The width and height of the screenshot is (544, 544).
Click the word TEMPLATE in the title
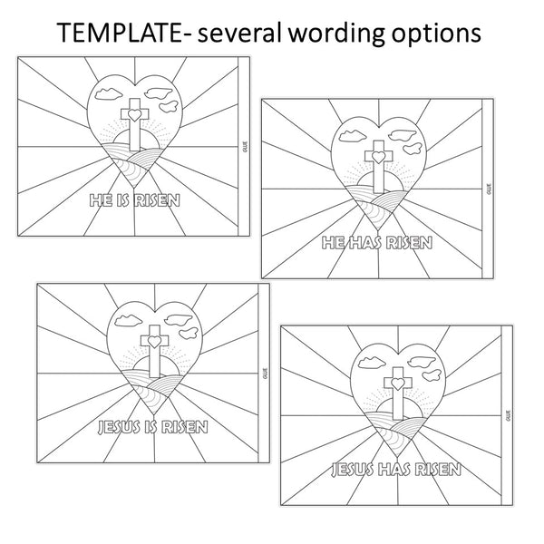coord(120,33)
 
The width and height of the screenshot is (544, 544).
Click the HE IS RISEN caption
coord(134,200)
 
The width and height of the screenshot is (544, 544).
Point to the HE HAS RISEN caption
coord(377,243)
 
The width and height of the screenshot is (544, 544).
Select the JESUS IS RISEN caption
coord(153,427)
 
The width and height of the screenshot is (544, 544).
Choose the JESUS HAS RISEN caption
coord(396,470)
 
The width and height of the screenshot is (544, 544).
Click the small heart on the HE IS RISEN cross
coord(134,114)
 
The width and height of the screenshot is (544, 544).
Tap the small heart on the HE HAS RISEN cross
coord(378,157)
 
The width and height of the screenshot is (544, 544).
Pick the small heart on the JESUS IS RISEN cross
coord(154,342)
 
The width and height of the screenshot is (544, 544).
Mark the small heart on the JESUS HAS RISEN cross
coord(398,384)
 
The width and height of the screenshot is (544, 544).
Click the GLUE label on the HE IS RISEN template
coord(246,147)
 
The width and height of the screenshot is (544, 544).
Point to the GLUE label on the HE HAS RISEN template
coord(490,189)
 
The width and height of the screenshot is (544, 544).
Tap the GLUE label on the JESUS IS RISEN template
coord(266,374)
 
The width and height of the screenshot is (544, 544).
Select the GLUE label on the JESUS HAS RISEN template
coord(509,415)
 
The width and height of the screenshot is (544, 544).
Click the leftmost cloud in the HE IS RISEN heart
coord(109,94)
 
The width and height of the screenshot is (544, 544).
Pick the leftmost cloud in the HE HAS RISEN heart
coord(353,136)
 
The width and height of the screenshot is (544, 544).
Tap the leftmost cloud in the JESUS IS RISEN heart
coord(129,321)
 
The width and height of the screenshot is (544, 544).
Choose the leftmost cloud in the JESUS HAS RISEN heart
coord(372,363)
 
